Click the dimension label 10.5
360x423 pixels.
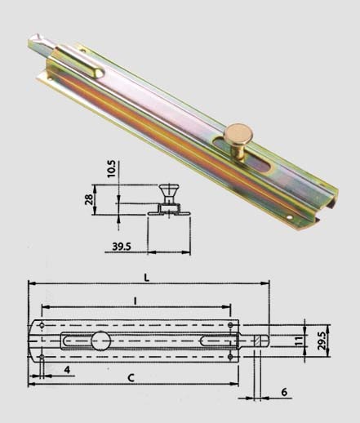click(x=112, y=169)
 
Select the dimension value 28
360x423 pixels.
click(x=89, y=199)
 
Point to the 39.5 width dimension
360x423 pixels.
click(x=122, y=247)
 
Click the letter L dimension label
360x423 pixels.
click(x=147, y=278)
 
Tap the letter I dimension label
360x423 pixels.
click(x=135, y=301)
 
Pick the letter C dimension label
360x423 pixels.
click(x=131, y=378)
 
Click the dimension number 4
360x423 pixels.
click(x=67, y=369)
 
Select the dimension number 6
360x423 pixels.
click(x=284, y=392)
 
